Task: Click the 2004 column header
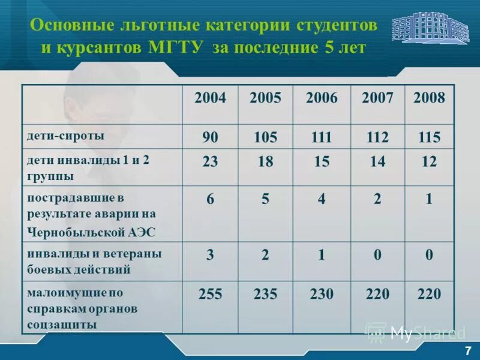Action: tap(210, 98)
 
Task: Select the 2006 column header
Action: tap(322, 98)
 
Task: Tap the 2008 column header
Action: tap(429, 98)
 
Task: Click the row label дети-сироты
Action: tap(65, 136)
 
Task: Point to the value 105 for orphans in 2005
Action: tap(265, 138)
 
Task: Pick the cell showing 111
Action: tap(322, 138)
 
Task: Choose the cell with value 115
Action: tap(429, 138)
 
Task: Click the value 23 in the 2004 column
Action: tap(210, 162)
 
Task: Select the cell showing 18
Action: tap(265, 162)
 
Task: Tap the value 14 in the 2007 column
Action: tap(377, 162)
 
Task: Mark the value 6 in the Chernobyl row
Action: tap(210, 200)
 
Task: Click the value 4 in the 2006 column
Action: tap(322, 200)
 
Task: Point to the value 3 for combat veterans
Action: tap(210, 255)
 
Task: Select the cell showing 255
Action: tap(210, 294)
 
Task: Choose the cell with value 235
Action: tap(265, 294)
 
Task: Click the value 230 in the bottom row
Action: tap(322, 294)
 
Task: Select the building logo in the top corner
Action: tap(430, 28)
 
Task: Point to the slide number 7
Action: tap(467, 350)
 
